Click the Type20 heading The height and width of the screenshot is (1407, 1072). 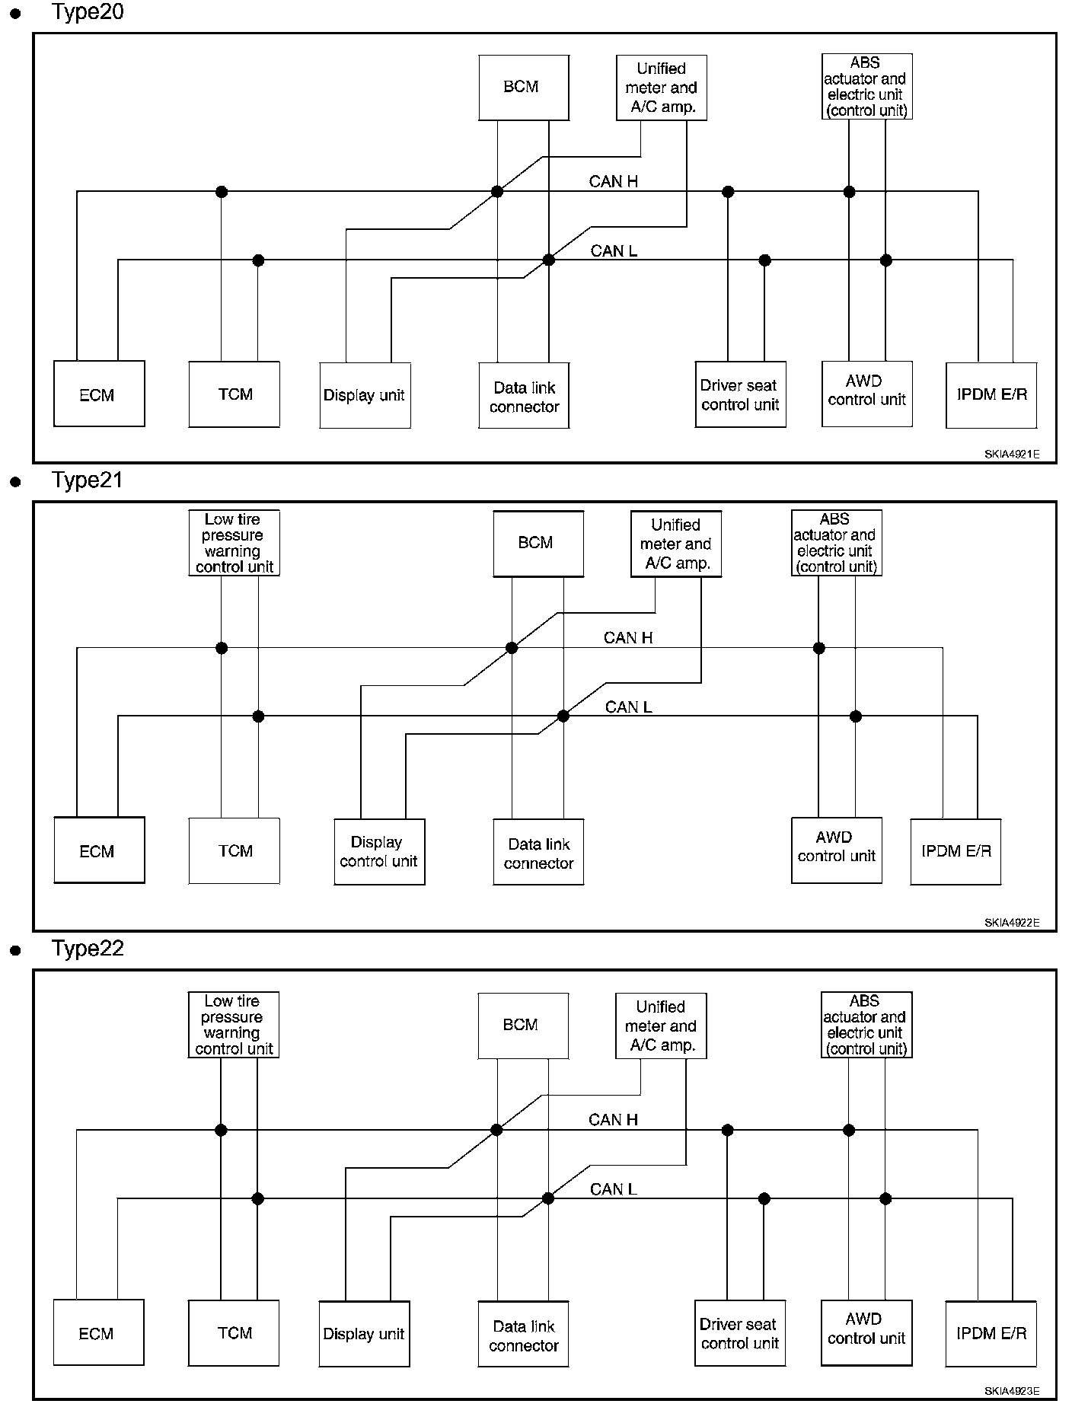click(x=87, y=12)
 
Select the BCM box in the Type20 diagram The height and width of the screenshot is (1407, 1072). click(x=524, y=88)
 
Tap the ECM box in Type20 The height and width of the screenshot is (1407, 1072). click(x=99, y=394)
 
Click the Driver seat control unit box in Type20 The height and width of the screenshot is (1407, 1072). click(x=741, y=394)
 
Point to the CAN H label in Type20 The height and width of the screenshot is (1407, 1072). click(x=614, y=181)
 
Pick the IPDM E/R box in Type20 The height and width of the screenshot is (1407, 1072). click(x=991, y=395)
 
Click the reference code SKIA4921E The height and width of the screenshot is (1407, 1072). click(x=1011, y=455)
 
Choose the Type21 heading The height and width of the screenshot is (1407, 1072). click(x=87, y=480)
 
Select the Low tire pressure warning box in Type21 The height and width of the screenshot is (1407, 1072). click(x=234, y=543)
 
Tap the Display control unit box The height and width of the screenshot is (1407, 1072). click(x=379, y=852)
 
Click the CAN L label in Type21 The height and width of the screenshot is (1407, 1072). click(x=628, y=707)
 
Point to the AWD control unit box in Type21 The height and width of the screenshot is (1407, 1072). click(x=837, y=850)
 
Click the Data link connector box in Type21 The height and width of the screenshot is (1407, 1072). click(x=538, y=852)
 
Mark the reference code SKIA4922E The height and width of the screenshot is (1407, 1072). click(x=1011, y=923)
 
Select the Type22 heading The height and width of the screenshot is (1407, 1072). click(x=87, y=949)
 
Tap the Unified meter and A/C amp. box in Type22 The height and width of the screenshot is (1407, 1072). click(x=661, y=1026)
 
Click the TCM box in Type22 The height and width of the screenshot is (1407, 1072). click(x=234, y=1332)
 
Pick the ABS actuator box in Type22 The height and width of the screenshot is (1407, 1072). click(x=866, y=1025)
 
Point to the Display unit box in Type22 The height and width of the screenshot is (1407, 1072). click(x=364, y=1334)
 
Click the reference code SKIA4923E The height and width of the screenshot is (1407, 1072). click(x=1011, y=1391)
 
